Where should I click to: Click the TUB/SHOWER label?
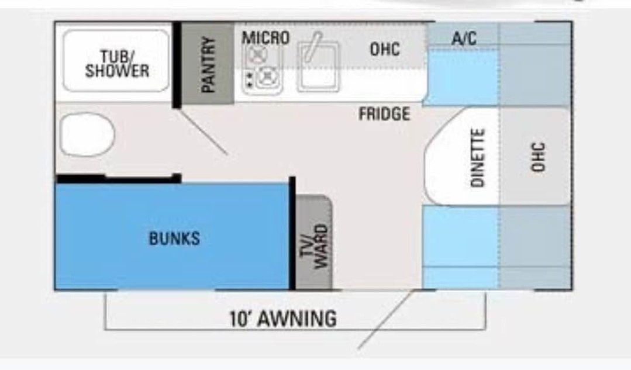117,64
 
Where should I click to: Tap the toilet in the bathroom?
87,134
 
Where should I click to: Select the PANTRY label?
208,64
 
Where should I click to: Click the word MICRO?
265,38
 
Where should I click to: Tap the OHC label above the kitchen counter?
385,49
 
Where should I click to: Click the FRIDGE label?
384,114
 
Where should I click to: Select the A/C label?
464,38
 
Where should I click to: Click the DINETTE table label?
478,158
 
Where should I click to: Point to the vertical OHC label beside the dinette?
538,157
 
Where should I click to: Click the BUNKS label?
174,238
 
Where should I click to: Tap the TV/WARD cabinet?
314,243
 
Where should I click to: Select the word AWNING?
297,319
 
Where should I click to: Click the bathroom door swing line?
202,132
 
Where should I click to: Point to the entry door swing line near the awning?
386,319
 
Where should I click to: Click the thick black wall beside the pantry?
177,65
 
